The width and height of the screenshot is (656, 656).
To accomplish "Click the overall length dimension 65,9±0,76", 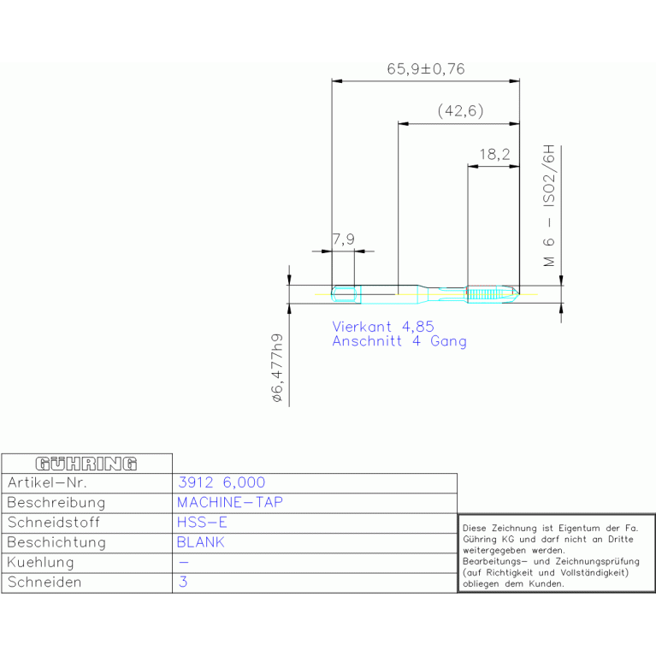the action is (425, 69).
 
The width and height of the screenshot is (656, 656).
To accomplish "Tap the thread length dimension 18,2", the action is (494, 154).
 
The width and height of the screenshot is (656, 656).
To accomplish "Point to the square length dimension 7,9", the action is (344, 239).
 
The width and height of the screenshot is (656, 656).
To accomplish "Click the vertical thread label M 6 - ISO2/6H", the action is (549, 205).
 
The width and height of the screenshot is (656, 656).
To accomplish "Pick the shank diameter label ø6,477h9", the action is (277, 368).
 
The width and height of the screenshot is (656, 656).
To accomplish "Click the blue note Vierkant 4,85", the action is (383, 327).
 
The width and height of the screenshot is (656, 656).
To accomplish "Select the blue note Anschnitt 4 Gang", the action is (399, 341).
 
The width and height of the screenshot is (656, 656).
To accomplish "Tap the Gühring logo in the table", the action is (86, 464).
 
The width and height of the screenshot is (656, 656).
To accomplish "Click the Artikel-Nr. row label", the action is (47, 482).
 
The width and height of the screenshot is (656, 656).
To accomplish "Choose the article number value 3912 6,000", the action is (222, 482).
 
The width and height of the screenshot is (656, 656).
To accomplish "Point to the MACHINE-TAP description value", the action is (230, 502).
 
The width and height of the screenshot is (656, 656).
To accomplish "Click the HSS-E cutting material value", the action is (202, 522).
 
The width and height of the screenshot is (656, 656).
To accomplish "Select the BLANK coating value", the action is (201, 542).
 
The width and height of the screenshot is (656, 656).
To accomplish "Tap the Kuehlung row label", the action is (40, 562).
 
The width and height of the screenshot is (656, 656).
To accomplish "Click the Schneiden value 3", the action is (183, 582).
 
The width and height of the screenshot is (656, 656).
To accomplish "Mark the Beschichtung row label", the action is (56, 542).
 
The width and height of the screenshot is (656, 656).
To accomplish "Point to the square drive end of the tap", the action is (346, 294).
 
